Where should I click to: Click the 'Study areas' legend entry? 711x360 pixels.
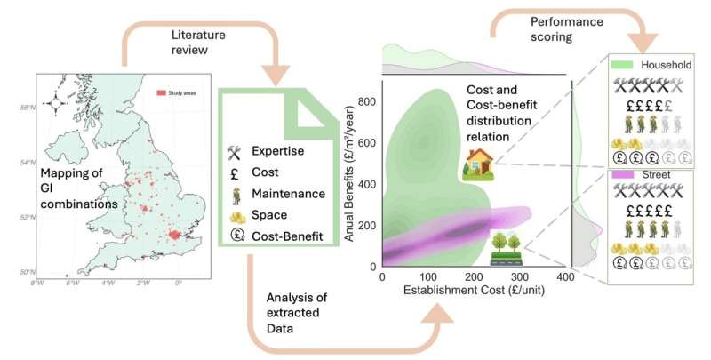click(x=181, y=92)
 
